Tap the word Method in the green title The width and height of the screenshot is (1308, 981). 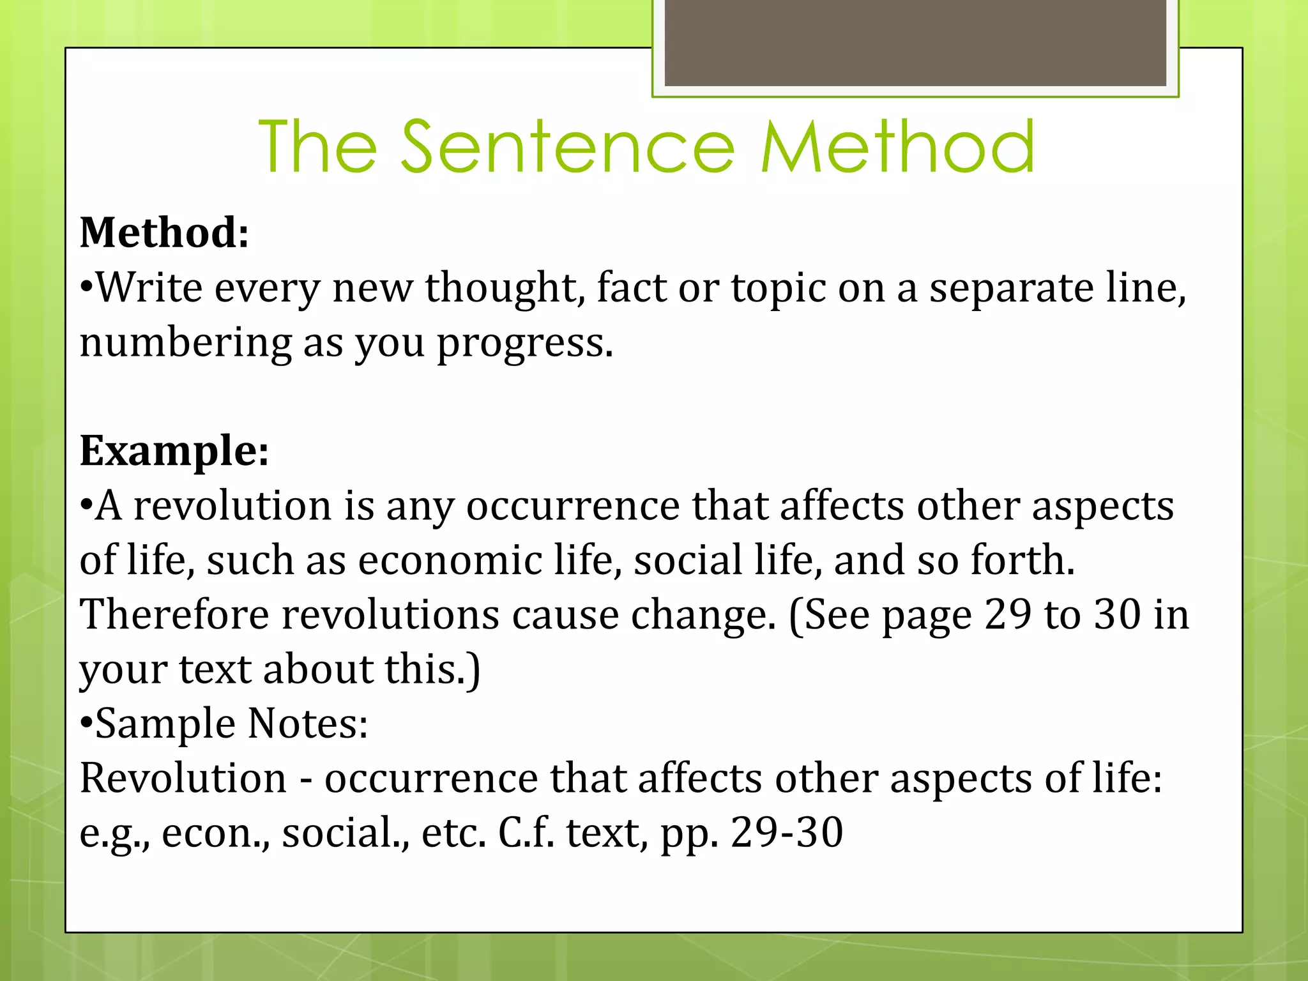click(x=897, y=148)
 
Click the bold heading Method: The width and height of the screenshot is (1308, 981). click(x=164, y=232)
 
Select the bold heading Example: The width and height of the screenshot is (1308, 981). click(x=174, y=451)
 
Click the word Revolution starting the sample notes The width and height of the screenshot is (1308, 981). click(x=183, y=779)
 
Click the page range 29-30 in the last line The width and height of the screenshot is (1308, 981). click(x=787, y=833)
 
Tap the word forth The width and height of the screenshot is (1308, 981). click(x=1023, y=561)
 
